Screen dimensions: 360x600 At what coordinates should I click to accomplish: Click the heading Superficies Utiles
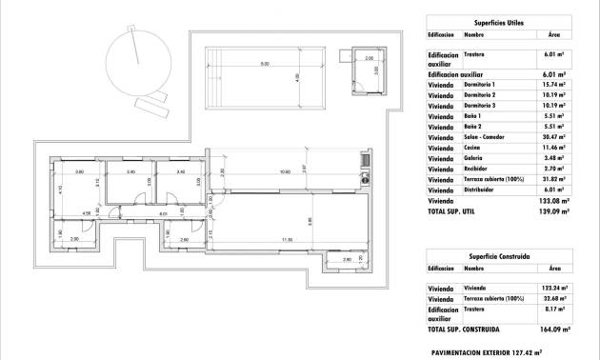[x=498, y=20]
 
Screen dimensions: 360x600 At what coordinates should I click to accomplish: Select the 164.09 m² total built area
[x=552, y=329]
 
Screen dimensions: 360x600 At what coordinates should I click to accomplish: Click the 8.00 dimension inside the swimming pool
[x=250, y=65]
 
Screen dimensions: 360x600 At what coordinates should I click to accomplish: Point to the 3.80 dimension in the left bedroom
[x=79, y=171]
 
